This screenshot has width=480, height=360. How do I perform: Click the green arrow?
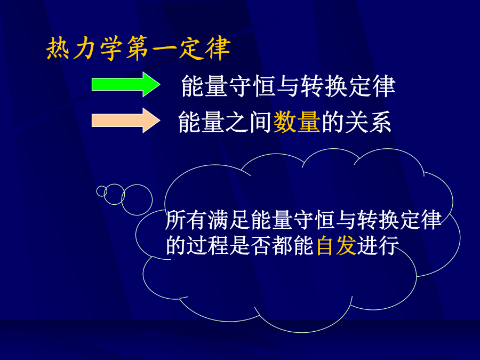point(125,84)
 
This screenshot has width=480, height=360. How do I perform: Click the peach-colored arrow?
point(125,121)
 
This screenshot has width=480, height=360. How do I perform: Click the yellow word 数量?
point(297,122)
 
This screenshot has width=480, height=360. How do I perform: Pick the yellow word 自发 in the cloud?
point(336,245)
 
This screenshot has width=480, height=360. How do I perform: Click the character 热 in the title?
point(58,49)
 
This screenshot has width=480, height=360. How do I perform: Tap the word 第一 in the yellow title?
point(151,49)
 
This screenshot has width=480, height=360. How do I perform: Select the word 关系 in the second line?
point(368,122)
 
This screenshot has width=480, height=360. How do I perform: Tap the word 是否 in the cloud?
point(251,245)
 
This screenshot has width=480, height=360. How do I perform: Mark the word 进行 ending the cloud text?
point(378,245)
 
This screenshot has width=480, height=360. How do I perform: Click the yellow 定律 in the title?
point(205,49)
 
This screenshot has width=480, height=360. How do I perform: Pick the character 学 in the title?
point(111,49)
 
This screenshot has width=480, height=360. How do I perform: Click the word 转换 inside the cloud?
point(379,220)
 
